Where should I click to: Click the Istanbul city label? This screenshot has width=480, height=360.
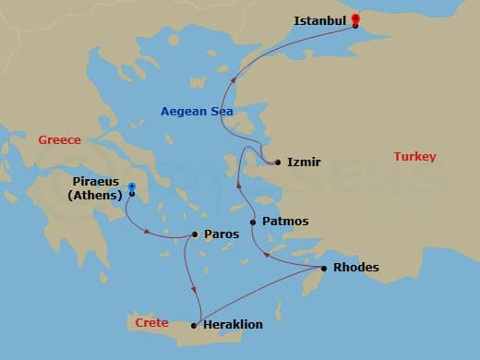[x=319, y=19]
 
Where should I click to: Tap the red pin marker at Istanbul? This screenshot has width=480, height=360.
[x=355, y=18]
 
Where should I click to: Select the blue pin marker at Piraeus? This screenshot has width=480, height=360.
[x=132, y=187]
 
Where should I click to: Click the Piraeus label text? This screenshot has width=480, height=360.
[x=97, y=182]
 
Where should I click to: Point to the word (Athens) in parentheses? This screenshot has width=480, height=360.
[x=96, y=195]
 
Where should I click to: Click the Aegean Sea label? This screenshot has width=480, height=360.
[x=197, y=112]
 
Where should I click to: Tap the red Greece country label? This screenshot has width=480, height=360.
[x=59, y=140]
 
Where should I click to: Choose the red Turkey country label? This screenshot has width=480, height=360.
[x=414, y=157]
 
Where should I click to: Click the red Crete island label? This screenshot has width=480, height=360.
[x=151, y=323]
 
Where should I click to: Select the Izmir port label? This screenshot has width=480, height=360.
[x=304, y=162]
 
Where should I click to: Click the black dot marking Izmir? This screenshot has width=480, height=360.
[x=278, y=162]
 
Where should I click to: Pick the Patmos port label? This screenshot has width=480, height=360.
[x=285, y=222]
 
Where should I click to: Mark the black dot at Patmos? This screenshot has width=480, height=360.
[x=253, y=222]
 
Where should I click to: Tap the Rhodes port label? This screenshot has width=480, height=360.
[x=355, y=269]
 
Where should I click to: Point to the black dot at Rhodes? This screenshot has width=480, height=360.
[x=323, y=269]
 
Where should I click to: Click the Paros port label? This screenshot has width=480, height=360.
[x=222, y=234]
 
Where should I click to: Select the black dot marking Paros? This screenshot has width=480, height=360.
[x=195, y=234]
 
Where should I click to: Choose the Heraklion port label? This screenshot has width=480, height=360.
[x=233, y=325]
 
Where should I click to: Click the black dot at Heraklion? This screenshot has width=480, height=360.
[x=194, y=325]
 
